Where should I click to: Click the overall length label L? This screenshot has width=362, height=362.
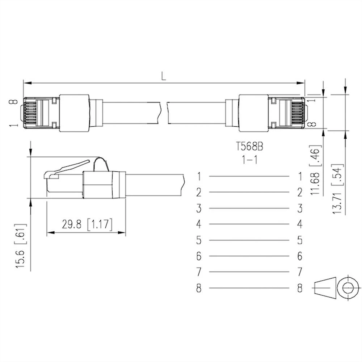tap(164, 76)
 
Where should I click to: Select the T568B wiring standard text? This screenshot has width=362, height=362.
tap(249, 147)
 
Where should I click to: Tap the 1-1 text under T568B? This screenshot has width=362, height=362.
tap(249, 159)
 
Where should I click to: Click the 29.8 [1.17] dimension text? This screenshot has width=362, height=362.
tap(87, 224)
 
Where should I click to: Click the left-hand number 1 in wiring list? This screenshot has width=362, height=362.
tap(199, 177)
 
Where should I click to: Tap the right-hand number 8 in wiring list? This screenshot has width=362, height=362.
tap(299, 288)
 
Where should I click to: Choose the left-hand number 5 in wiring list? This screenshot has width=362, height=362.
tap(199, 240)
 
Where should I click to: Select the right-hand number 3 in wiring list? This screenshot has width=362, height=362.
tap(299, 208)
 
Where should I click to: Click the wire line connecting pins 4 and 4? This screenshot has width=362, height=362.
tap(249, 224)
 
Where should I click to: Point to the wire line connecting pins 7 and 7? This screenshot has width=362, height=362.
tap(249, 272)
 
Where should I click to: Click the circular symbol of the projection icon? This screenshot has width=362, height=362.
tap(347, 288)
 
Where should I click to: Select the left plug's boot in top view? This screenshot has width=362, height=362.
tap(74, 113)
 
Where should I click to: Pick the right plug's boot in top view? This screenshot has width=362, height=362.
tap(253, 113)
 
